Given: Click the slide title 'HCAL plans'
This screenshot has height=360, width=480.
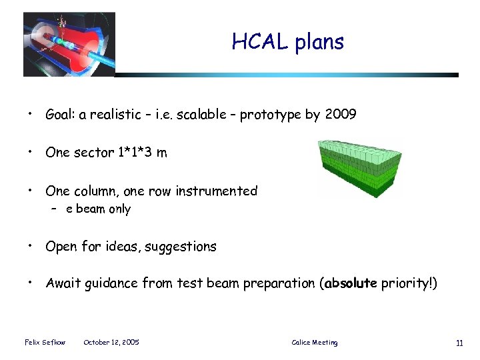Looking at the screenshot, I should [x=287, y=42].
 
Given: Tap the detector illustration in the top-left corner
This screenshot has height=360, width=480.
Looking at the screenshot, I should [x=69, y=44].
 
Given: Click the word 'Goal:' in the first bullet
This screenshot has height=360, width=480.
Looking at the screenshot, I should [x=61, y=115].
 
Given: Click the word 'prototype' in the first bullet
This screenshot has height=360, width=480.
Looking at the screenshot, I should [x=270, y=115].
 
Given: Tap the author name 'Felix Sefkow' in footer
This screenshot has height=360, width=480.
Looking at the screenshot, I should [x=45, y=343].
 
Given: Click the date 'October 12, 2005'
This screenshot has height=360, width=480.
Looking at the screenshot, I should [x=111, y=343].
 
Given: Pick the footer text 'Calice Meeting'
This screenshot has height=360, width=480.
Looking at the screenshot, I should [x=315, y=343].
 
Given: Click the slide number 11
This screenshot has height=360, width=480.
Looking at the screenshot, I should [x=459, y=343].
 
